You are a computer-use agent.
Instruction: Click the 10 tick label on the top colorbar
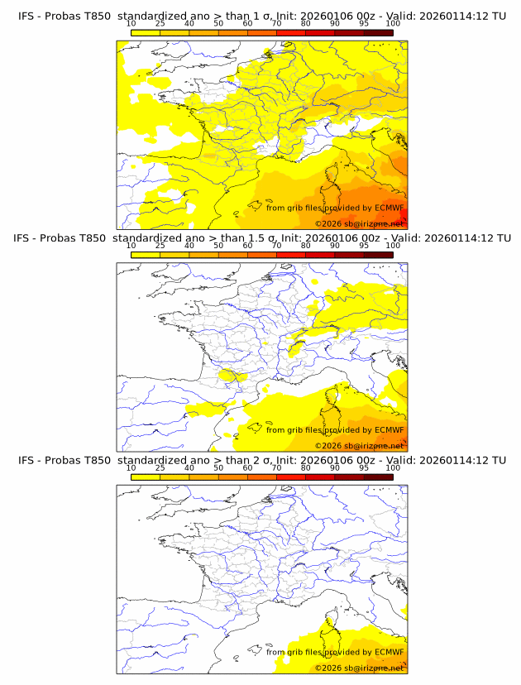point(131,24)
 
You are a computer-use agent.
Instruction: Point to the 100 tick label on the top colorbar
point(393,24)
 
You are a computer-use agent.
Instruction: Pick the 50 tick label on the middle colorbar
point(218,246)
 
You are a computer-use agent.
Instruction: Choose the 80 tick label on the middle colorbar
point(306,246)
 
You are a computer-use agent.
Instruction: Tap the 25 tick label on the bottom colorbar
point(160,467)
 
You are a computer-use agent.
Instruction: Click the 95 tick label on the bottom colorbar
point(364,467)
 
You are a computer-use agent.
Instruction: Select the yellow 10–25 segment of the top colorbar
point(146,32)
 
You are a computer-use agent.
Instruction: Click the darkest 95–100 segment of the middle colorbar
point(379,254)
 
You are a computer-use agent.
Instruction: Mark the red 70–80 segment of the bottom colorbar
point(291,476)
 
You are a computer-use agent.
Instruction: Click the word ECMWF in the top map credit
point(390,208)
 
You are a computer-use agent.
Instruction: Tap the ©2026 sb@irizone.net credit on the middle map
point(360,446)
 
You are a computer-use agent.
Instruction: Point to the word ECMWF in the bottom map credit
point(390,652)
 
